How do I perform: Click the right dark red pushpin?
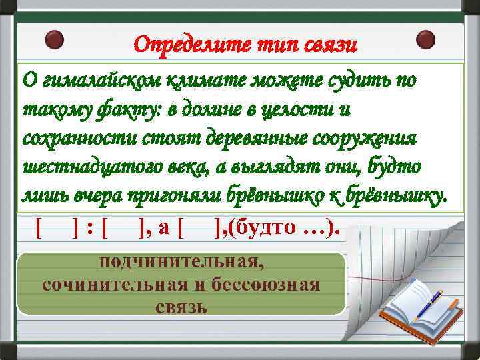425,39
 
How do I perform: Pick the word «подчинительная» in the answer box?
181,261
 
